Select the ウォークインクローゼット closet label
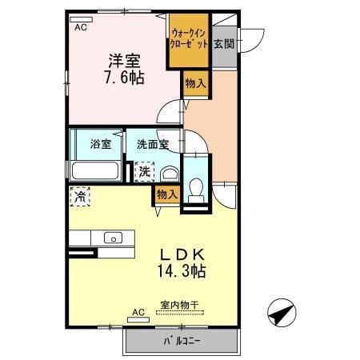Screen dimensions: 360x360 (x=189, y=38)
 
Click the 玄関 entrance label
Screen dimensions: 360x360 (x=223, y=44)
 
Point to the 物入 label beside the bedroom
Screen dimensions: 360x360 (x=194, y=82)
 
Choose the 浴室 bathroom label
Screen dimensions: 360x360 (x=100, y=145)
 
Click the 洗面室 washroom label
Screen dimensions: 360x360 (x=151, y=145)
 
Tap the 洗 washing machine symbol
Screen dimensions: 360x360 (x=145, y=170)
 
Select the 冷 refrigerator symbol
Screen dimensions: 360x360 (x=81, y=194)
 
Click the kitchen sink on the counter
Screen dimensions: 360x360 (x=112, y=238)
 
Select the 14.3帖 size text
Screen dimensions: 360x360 (x=182, y=271)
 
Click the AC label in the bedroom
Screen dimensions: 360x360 (x=81, y=26)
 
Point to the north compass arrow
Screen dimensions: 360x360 (x=282, y=314)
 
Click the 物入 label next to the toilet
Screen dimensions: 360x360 (x=166, y=194)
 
